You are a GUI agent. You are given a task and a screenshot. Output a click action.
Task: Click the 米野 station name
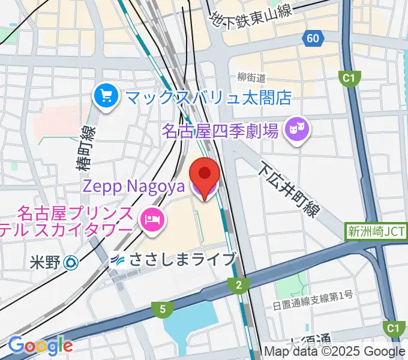click(x=45, y=262)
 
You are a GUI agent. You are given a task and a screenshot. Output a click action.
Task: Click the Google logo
click(x=40, y=346)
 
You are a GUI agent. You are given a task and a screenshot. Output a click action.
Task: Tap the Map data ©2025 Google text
click(x=335, y=352)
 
